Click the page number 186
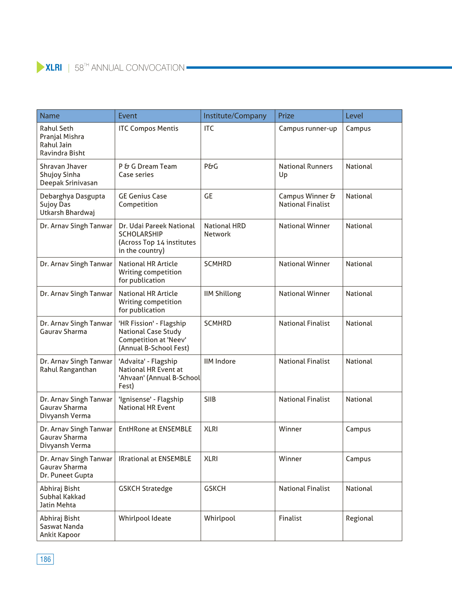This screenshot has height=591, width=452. point(45,559)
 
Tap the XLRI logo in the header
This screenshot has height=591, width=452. point(50,67)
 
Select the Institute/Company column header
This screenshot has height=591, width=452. point(235,116)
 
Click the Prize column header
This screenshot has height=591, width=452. point(286,116)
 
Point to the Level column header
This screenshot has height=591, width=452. point(354,116)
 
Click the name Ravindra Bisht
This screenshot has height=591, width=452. point(62,153)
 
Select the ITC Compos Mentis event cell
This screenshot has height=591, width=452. point(148,129)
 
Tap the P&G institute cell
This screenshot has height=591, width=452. point(211,167)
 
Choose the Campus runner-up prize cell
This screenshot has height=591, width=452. point(308,129)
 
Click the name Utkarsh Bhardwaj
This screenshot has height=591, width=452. point(67,213)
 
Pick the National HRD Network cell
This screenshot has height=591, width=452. point(225,230)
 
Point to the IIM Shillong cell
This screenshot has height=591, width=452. point(222,294)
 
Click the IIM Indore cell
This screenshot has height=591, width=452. point(220,361)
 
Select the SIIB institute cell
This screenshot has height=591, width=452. point(210,399)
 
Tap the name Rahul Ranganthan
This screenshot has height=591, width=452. point(68,370)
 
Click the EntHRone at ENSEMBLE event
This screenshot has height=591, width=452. point(155,429)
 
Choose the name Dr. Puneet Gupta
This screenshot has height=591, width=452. point(66,475)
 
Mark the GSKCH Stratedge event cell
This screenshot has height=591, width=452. point(145,489)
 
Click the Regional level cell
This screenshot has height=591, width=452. point(359,518)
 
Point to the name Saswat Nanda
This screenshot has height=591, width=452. point(61,527)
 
